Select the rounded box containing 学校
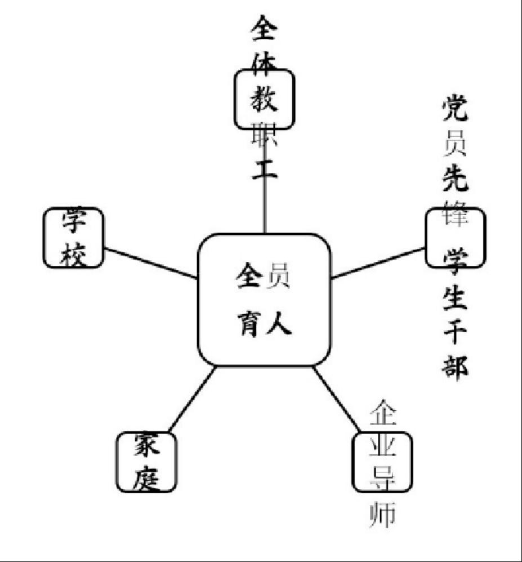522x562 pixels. pyautogui.click(x=74, y=237)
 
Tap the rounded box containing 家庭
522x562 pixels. pyautogui.click(x=146, y=462)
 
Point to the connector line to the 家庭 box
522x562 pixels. pyautogui.click(x=192, y=400)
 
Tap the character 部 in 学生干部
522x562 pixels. pyautogui.click(x=454, y=367)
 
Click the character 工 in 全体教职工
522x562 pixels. pyautogui.click(x=264, y=168)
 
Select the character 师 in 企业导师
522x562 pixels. pyautogui.click(x=382, y=514)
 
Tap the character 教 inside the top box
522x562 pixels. pyautogui.click(x=264, y=100)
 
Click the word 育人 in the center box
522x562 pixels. pyautogui.click(x=264, y=326)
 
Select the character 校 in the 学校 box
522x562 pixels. pyautogui.click(x=74, y=254)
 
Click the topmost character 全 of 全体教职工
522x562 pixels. pyautogui.click(x=264, y=28)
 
